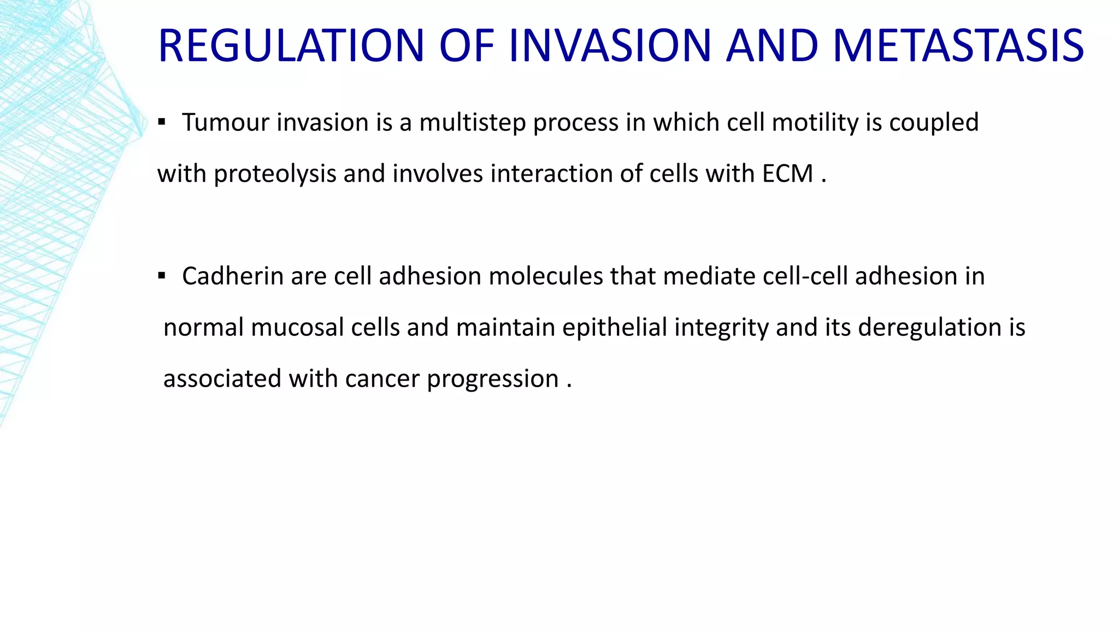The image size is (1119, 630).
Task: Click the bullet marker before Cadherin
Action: coord(161,276)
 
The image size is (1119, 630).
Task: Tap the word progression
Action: coord(492,379)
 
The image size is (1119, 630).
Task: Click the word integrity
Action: coord(721,328)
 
